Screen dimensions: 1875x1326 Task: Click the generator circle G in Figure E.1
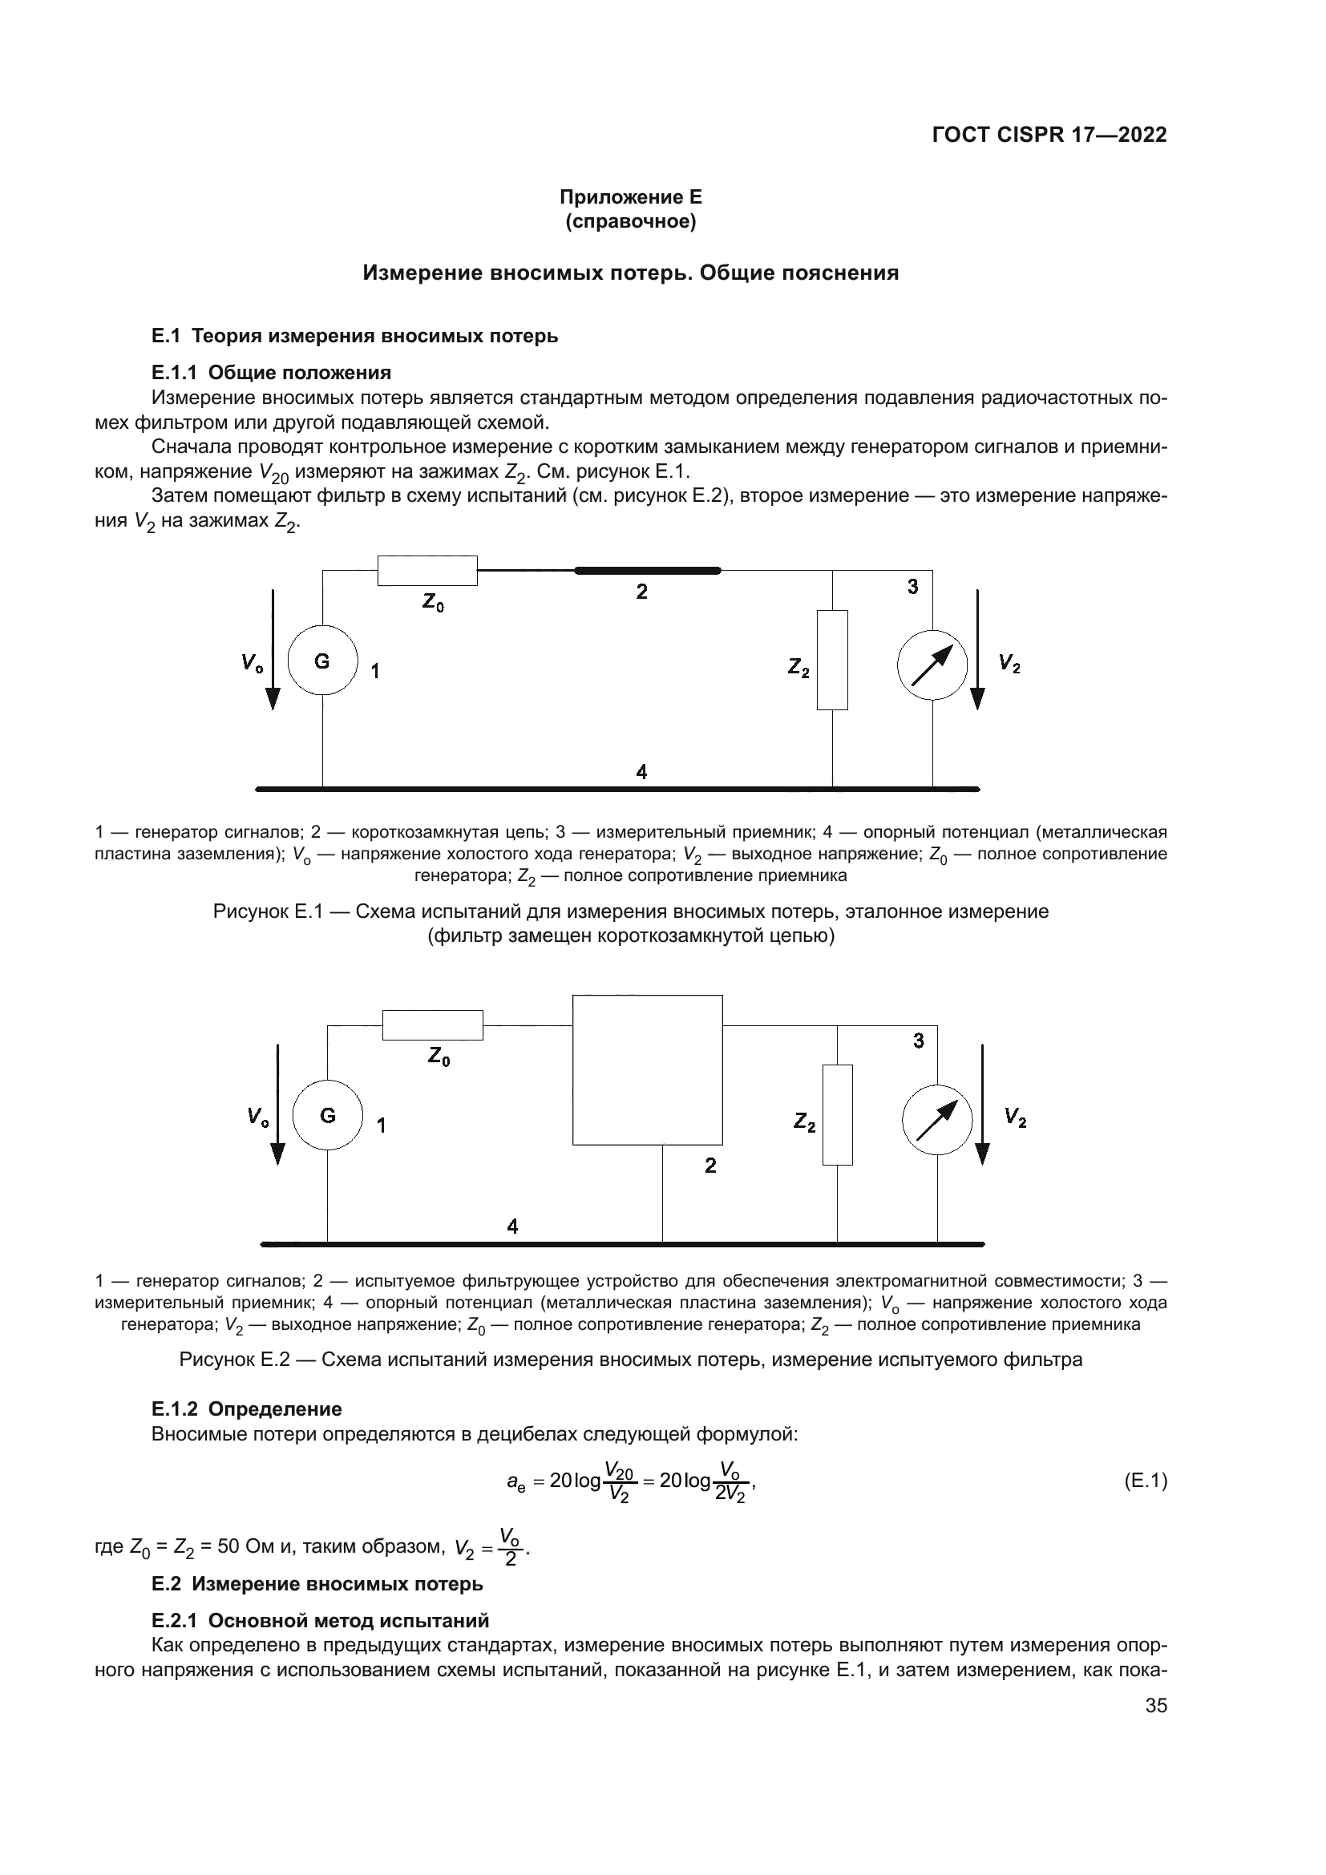[323, 661]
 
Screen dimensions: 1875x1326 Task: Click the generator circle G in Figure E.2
[328, 1115]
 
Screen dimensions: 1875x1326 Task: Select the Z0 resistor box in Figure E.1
[427, 570]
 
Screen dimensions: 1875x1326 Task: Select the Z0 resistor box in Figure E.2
[433, 1025]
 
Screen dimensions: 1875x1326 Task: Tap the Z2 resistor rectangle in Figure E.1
[832, 660]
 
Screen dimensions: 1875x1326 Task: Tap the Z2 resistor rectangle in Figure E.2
[837, 1114]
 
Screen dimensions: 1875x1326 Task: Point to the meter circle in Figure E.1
[932, 664]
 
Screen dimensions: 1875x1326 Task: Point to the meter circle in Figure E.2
[936, 1119]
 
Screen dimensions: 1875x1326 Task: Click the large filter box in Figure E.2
[648, 1070]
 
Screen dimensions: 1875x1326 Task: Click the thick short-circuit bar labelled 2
[648, 570]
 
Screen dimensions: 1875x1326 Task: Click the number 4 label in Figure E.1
[642, 771]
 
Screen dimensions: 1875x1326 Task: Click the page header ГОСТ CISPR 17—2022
[1049, 135]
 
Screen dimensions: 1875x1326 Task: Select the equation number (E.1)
[1145, 1481]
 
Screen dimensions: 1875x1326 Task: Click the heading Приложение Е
[630, 197]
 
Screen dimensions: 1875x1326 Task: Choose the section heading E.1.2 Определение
[247, 1408]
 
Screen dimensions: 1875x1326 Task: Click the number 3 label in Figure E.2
[919, 1041]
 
